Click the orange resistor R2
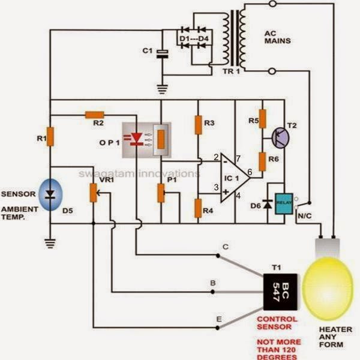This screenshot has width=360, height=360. pos(95,115)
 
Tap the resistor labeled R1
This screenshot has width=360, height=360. pos(50,137)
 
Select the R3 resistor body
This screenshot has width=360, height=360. pos(199,125)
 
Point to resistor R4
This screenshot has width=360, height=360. pos(198,208)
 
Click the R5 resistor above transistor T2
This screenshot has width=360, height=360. pos(263,119)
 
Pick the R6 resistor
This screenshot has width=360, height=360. pos(262,161)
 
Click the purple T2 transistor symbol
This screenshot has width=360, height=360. pos(281,137)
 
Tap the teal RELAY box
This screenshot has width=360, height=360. pos(284,204)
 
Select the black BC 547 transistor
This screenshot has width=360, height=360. pos(280,292)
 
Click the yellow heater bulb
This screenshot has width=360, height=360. pos(328,288)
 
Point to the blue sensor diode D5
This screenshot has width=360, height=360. pos(50,194)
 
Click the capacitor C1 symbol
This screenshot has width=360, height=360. pos(163,54)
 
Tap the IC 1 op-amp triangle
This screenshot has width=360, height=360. pos(235,178)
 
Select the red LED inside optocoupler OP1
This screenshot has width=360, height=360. pos(137,139)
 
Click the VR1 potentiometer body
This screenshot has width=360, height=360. pos(93,193)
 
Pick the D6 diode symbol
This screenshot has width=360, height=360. pos(268,204)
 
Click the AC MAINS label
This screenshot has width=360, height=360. pos(278,37)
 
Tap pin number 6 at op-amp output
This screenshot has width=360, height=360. pos(250,172)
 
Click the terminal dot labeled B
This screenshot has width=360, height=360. pos(212,292)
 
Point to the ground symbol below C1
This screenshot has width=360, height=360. pos(163,89)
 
